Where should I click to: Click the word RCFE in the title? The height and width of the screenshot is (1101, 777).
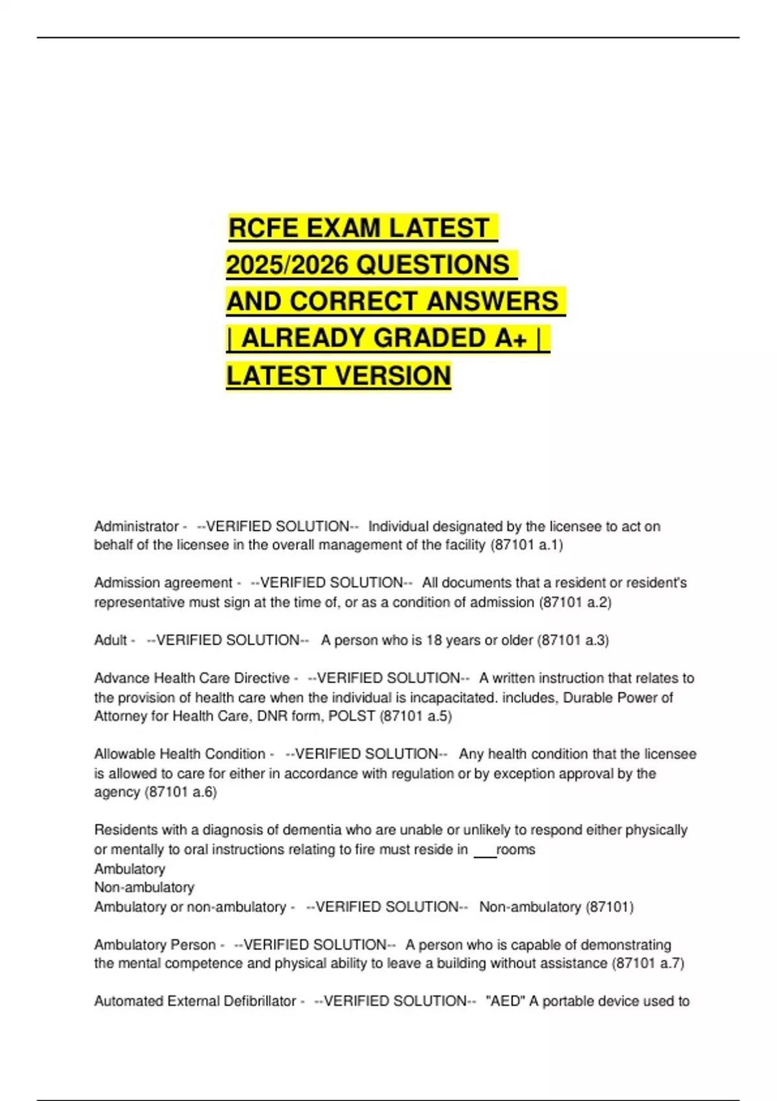pos(264,229)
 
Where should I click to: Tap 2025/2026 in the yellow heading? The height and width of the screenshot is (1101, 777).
pos(289,265)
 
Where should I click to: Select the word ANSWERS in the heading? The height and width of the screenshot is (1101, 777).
pos(492,302)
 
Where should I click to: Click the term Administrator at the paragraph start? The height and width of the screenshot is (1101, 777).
pos(136,527)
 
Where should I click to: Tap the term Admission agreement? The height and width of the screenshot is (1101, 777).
pos(163,583)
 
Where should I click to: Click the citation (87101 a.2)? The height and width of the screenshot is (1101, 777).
pos(575,602)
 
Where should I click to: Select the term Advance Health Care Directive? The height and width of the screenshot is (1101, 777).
pos(192,678)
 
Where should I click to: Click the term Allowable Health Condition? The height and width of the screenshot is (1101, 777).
pos(179,755)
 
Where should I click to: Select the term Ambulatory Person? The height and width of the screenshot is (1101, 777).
pos(155,945)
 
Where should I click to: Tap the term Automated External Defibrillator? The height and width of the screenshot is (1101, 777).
pos(195,1001)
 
